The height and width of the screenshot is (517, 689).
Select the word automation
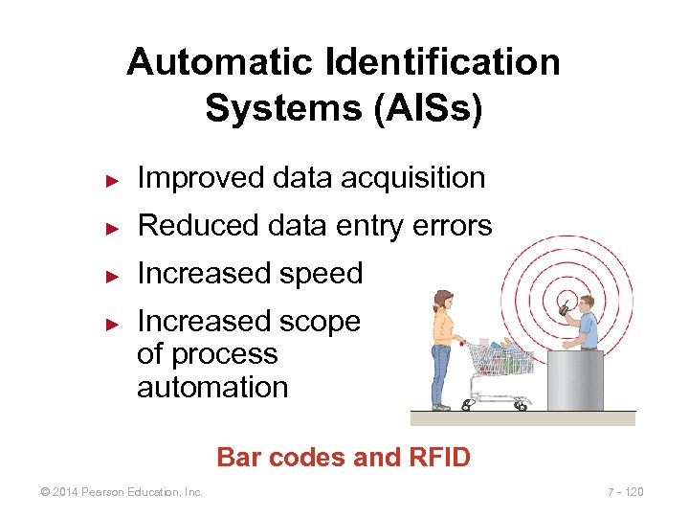[212, 388]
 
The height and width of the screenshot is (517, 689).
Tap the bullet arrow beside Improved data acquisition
[111, 179]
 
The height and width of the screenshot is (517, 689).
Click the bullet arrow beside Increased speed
[111, 275]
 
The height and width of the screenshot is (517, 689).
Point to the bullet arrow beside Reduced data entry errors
[111, 227]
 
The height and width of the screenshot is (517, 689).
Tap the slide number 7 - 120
[626, 492]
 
